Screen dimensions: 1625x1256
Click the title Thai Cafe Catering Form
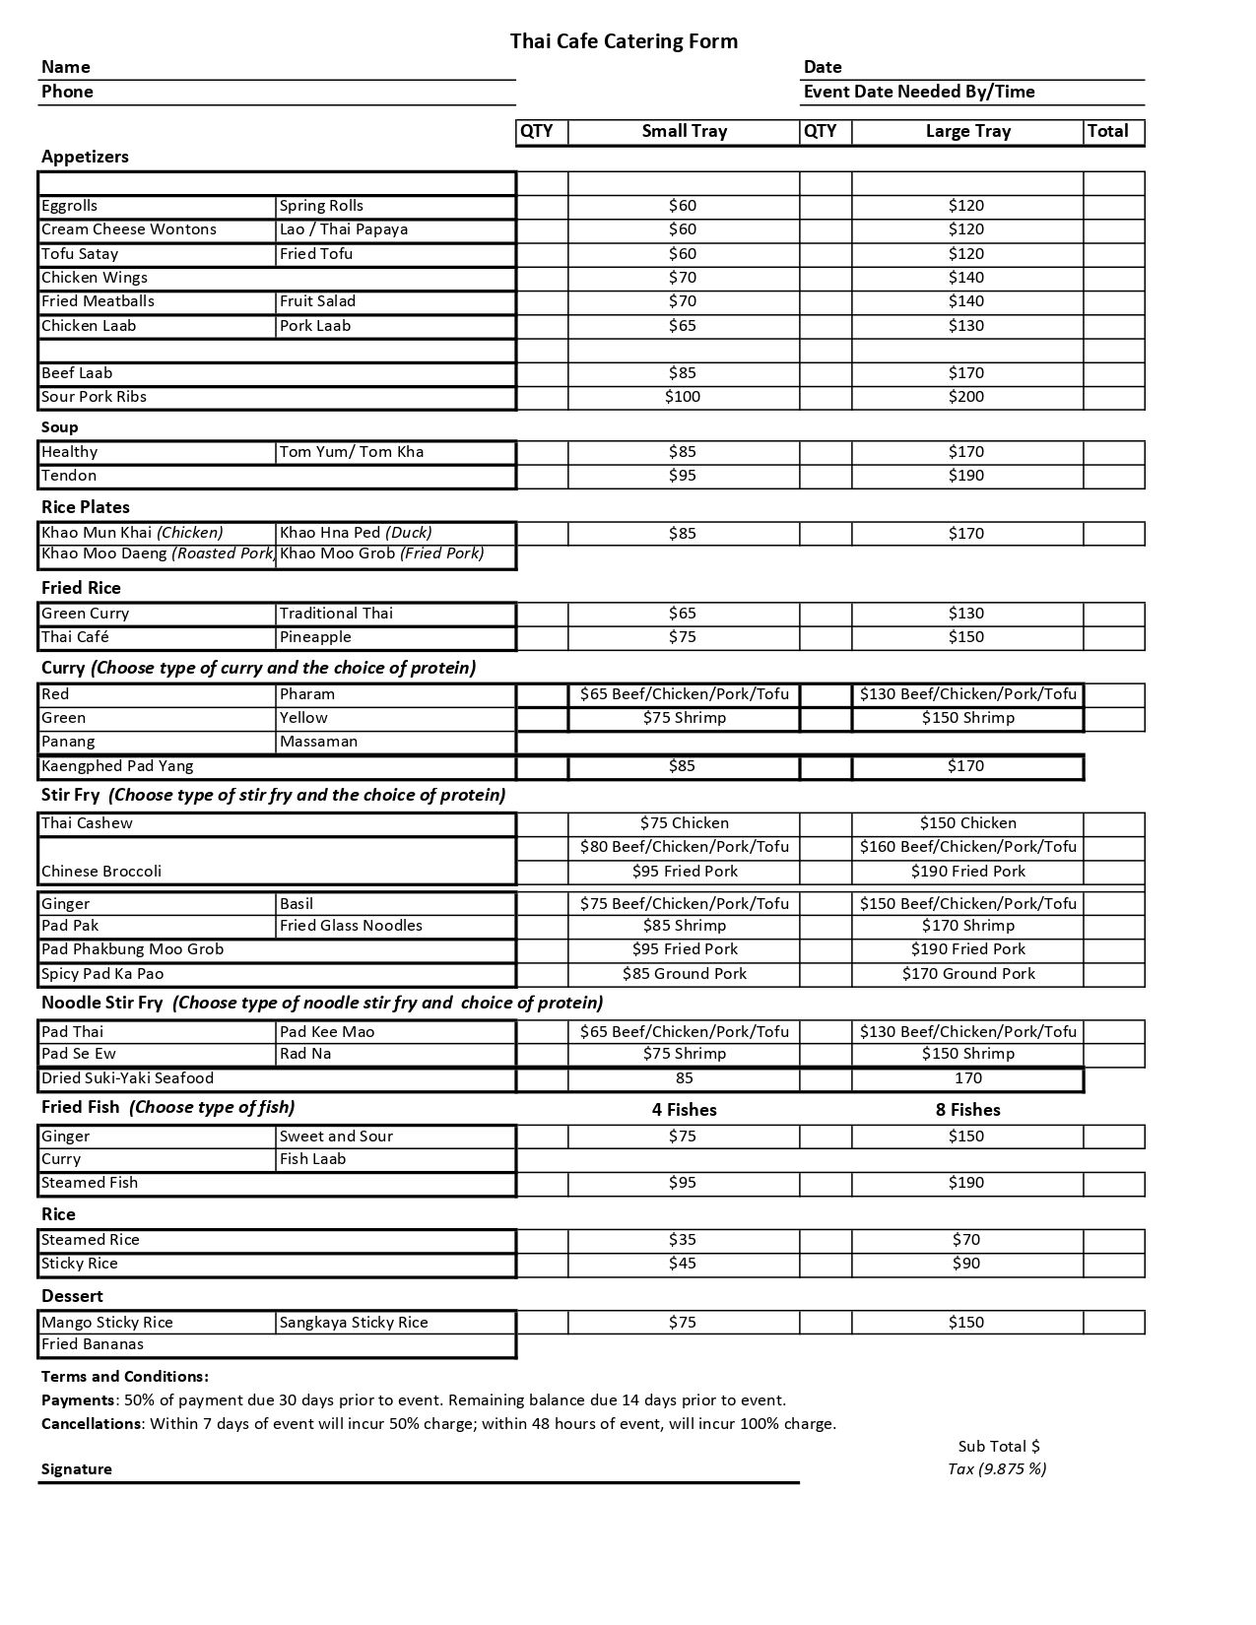624,41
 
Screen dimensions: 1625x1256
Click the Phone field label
67,92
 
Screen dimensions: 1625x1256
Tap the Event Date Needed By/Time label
919,92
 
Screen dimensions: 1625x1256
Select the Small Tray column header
684,131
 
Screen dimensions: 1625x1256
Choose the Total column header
1107,131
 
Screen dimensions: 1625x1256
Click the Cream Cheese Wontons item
129,229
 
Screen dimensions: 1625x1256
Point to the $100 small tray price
682,397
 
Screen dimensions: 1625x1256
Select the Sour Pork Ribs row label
94,397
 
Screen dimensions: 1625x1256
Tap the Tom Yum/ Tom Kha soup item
352,452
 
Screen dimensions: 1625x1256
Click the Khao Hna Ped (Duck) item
356,533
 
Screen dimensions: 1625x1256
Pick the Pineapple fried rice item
315,637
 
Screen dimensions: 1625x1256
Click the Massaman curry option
318,742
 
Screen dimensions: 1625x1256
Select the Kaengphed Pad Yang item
117,766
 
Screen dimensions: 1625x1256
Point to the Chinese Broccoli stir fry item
101,872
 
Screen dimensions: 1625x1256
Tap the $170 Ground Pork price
968,974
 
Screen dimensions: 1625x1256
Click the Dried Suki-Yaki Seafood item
127,1078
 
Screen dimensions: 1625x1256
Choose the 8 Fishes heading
967,1110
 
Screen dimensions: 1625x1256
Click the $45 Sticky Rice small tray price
682,1264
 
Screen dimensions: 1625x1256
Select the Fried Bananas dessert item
93,1344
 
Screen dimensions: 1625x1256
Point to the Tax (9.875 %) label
996,1469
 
